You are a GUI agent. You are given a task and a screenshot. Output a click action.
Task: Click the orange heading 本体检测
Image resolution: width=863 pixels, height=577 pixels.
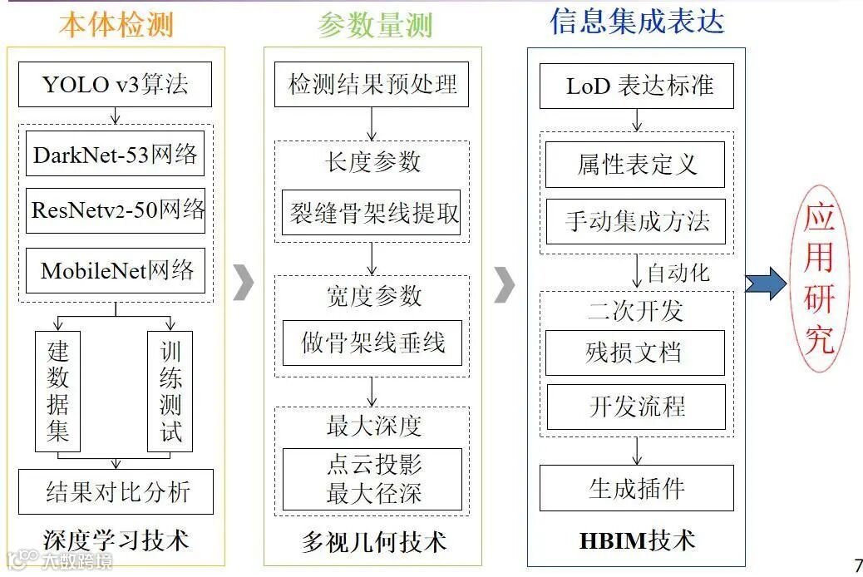click(116, 25)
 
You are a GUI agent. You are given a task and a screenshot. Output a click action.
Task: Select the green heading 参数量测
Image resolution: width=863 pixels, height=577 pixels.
click(375, 26)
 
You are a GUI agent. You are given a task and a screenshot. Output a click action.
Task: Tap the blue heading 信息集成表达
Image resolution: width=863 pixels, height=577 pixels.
click(637, 22)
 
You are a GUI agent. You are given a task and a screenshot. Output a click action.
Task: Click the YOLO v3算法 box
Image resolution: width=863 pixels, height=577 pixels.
click(116, 84)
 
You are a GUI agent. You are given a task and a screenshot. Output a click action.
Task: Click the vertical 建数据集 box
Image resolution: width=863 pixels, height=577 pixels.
click(57, 391)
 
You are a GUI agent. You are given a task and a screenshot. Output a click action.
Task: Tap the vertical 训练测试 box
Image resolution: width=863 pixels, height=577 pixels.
click(170, 391)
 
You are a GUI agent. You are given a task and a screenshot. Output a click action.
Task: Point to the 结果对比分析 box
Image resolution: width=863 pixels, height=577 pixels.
click(116, 491)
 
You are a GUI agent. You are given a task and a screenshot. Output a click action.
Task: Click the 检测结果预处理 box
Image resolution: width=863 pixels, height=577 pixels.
click(372, 84)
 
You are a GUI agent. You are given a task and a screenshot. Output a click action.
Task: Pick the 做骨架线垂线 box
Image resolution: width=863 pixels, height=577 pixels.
click(372, 342)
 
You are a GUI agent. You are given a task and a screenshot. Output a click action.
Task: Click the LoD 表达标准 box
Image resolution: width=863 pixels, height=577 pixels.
click(637, 86)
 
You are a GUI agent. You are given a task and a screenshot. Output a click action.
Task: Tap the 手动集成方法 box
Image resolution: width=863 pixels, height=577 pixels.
click(636, 221)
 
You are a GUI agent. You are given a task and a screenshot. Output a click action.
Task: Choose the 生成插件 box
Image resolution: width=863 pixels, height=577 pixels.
click(637, 488)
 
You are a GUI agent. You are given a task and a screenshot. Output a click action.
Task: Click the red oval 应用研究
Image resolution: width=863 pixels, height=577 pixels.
click(819, 279)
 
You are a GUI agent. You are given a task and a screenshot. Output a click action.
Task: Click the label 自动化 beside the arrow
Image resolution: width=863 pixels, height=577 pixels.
click(678, 273)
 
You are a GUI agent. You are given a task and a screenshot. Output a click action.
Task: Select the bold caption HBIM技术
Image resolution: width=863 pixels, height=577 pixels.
click(637, 541)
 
